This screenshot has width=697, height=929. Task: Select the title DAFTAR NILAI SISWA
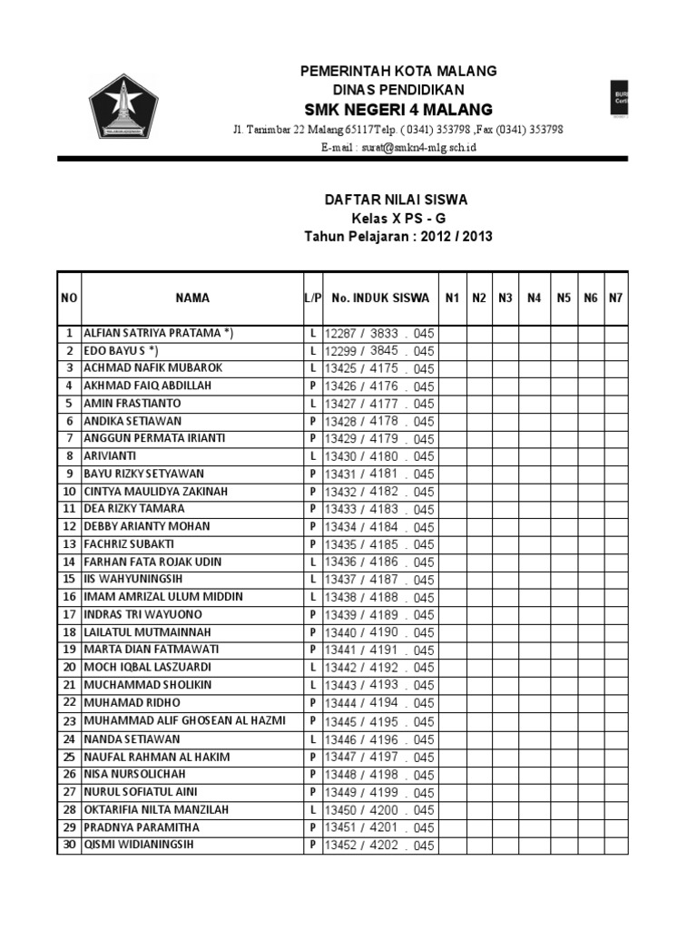coord(398,200)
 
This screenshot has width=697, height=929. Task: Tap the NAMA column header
coord(192,298)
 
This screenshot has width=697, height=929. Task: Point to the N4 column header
coord(534,298)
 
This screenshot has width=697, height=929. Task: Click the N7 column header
coord(616,298)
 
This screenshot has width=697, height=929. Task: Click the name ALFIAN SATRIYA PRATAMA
coord(158,334)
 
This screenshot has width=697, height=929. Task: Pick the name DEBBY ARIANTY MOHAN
coord(146,526)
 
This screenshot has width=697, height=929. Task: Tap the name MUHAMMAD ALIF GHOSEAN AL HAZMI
coord(184,720)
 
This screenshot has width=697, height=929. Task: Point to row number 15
coord(69,579)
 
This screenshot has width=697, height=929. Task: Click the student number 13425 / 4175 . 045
coord(379,369)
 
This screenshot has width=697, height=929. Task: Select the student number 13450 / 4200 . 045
coord(379,810)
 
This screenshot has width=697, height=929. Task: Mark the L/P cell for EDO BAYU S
coord(312,351)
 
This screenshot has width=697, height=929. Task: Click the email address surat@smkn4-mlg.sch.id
coord(398,147)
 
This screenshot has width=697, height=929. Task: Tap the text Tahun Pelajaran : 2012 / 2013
coord(398,237)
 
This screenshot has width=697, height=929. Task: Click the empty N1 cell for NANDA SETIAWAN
coord(452,739)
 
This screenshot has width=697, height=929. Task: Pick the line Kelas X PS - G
coord(398,219)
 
